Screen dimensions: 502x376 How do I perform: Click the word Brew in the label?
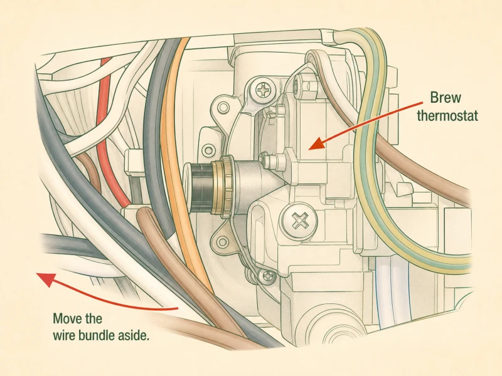point(445,97)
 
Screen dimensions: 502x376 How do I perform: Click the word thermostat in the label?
point(447,115)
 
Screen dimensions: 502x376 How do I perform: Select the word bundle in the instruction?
point(105,336)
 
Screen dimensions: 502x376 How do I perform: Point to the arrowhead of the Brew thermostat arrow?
point(316,144)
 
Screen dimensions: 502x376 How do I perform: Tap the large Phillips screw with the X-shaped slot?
point(299,221)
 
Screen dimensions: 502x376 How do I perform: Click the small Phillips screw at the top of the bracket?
point(264,90)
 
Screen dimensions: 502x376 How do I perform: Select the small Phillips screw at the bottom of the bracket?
point(267,276)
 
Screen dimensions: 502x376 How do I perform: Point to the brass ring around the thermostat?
point(222,187)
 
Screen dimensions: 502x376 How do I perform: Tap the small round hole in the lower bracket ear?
point(221,243)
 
